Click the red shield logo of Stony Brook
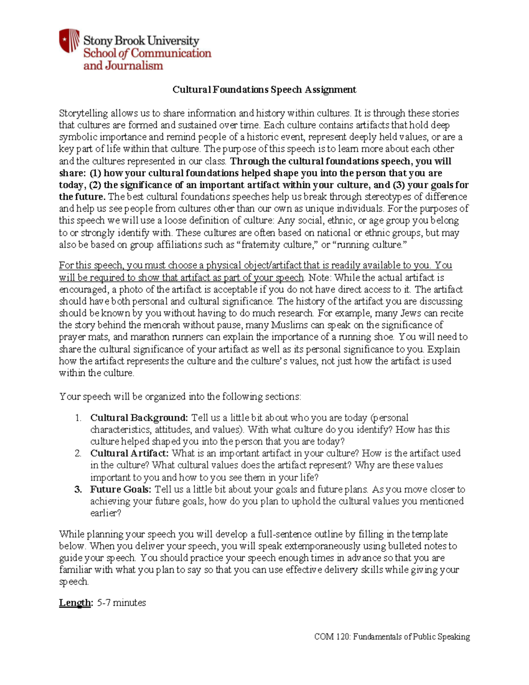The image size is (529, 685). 69,41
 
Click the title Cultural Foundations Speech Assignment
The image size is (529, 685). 264,90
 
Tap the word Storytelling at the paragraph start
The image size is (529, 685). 83,113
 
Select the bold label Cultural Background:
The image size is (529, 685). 139,418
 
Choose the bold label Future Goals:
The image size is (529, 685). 121,489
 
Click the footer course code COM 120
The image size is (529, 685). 331,637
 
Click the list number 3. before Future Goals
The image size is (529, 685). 78,489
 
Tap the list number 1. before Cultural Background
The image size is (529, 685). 78,418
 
